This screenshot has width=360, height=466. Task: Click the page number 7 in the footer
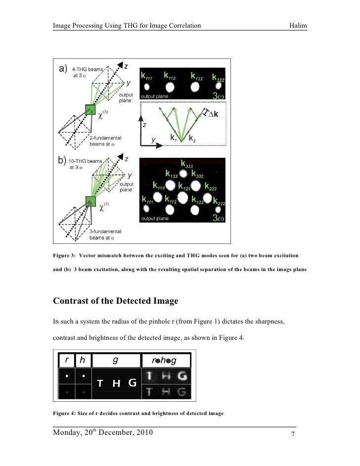[x=293, y=435]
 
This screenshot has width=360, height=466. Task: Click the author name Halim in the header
[x=298, y=26]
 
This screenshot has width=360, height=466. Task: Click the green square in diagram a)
[x=90, y=110]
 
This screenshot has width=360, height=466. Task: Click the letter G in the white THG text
[x=132, y=383]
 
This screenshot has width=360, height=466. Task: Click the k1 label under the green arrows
[x=174, y=139]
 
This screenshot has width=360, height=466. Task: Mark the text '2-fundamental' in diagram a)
[x=106, y=138]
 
